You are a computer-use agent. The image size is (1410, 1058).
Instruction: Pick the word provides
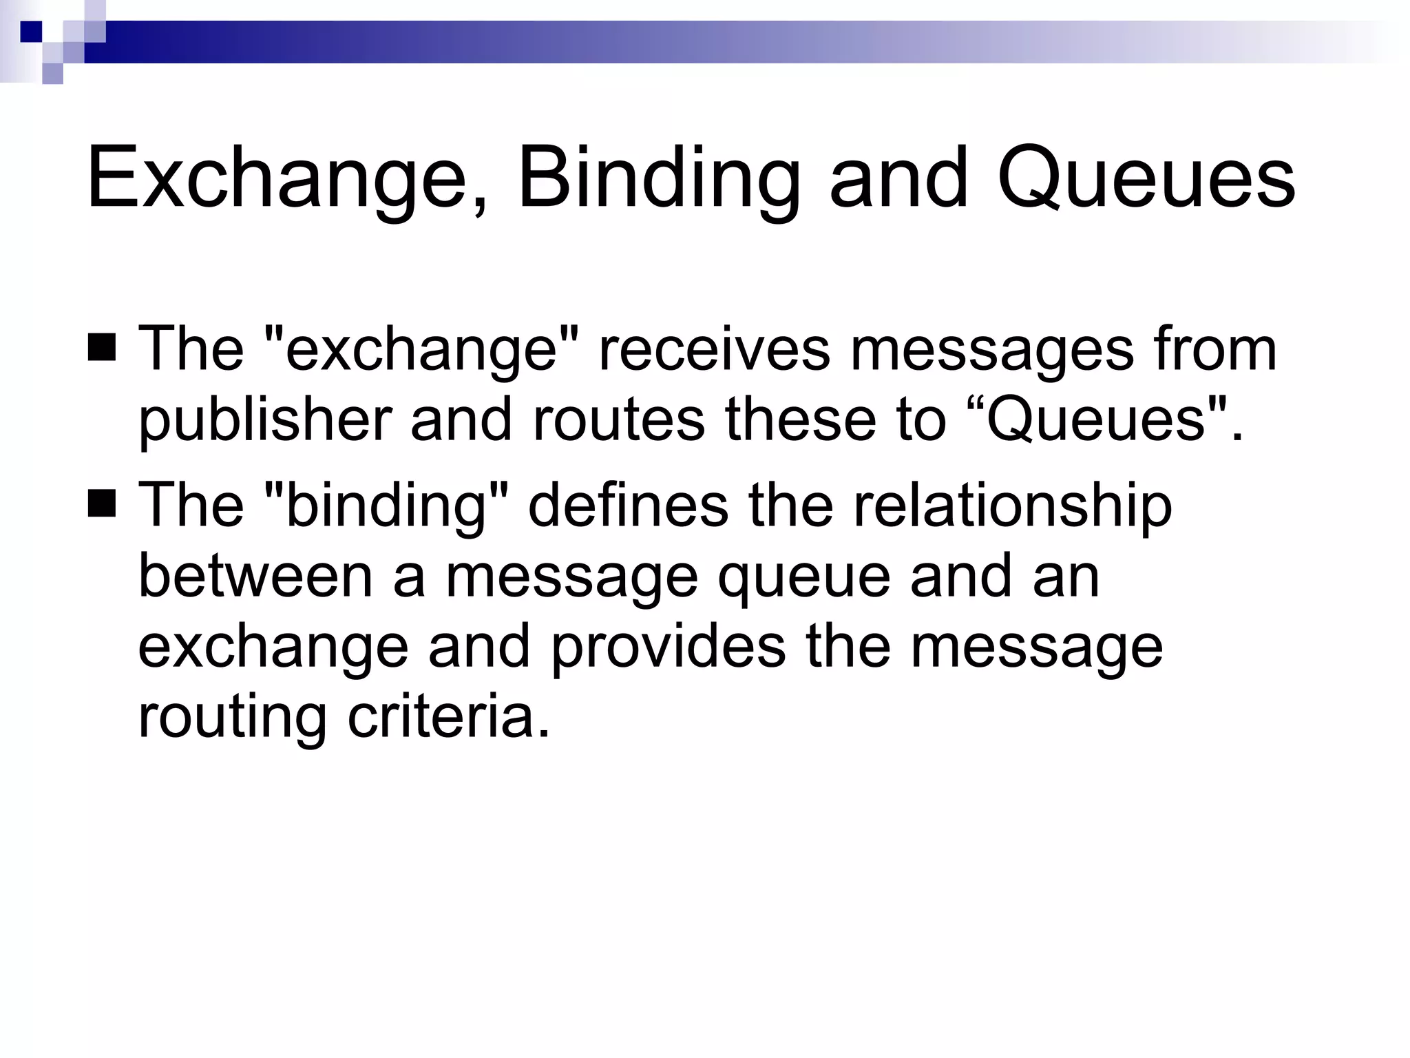[668, 647]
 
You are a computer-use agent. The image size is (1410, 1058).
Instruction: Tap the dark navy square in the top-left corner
[32, 31]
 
